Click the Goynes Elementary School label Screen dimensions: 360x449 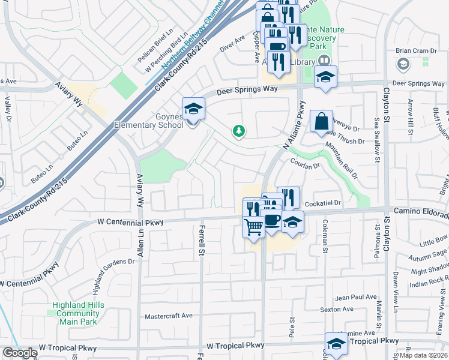pyautogui.click(x=149, y=120)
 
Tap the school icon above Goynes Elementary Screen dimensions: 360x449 pyautogui.click(x=193, y=109)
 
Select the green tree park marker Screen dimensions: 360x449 pyautogui.click(x=239, y=130)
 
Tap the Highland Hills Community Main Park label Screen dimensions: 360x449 pyautogui.click(x=78, y=313)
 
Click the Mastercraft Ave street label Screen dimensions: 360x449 pyautogui.click(x=169, y=316)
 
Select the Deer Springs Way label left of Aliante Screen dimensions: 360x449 pyautogui.click(x=247, y=89)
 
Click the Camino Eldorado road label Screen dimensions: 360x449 pyautogui.click(x=420, y=211)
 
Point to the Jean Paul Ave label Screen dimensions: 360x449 pyautogui.click(x=356, y=297)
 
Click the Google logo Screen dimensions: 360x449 pyautogui.click(x=20, y=353)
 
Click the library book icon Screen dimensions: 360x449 pyautogui.click(x=324, y=61)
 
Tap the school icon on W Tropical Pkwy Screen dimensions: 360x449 pyautogui.click(x=336, y=344)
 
